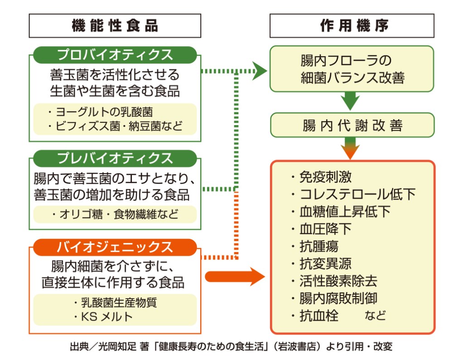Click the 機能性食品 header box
point(115,26)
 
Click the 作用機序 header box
point(352,26)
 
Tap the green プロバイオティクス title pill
point(115,55)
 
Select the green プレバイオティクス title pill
point(115,158)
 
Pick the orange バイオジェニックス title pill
point(115,247)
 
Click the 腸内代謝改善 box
point(352,125)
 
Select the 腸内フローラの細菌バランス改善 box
point(352,69)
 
